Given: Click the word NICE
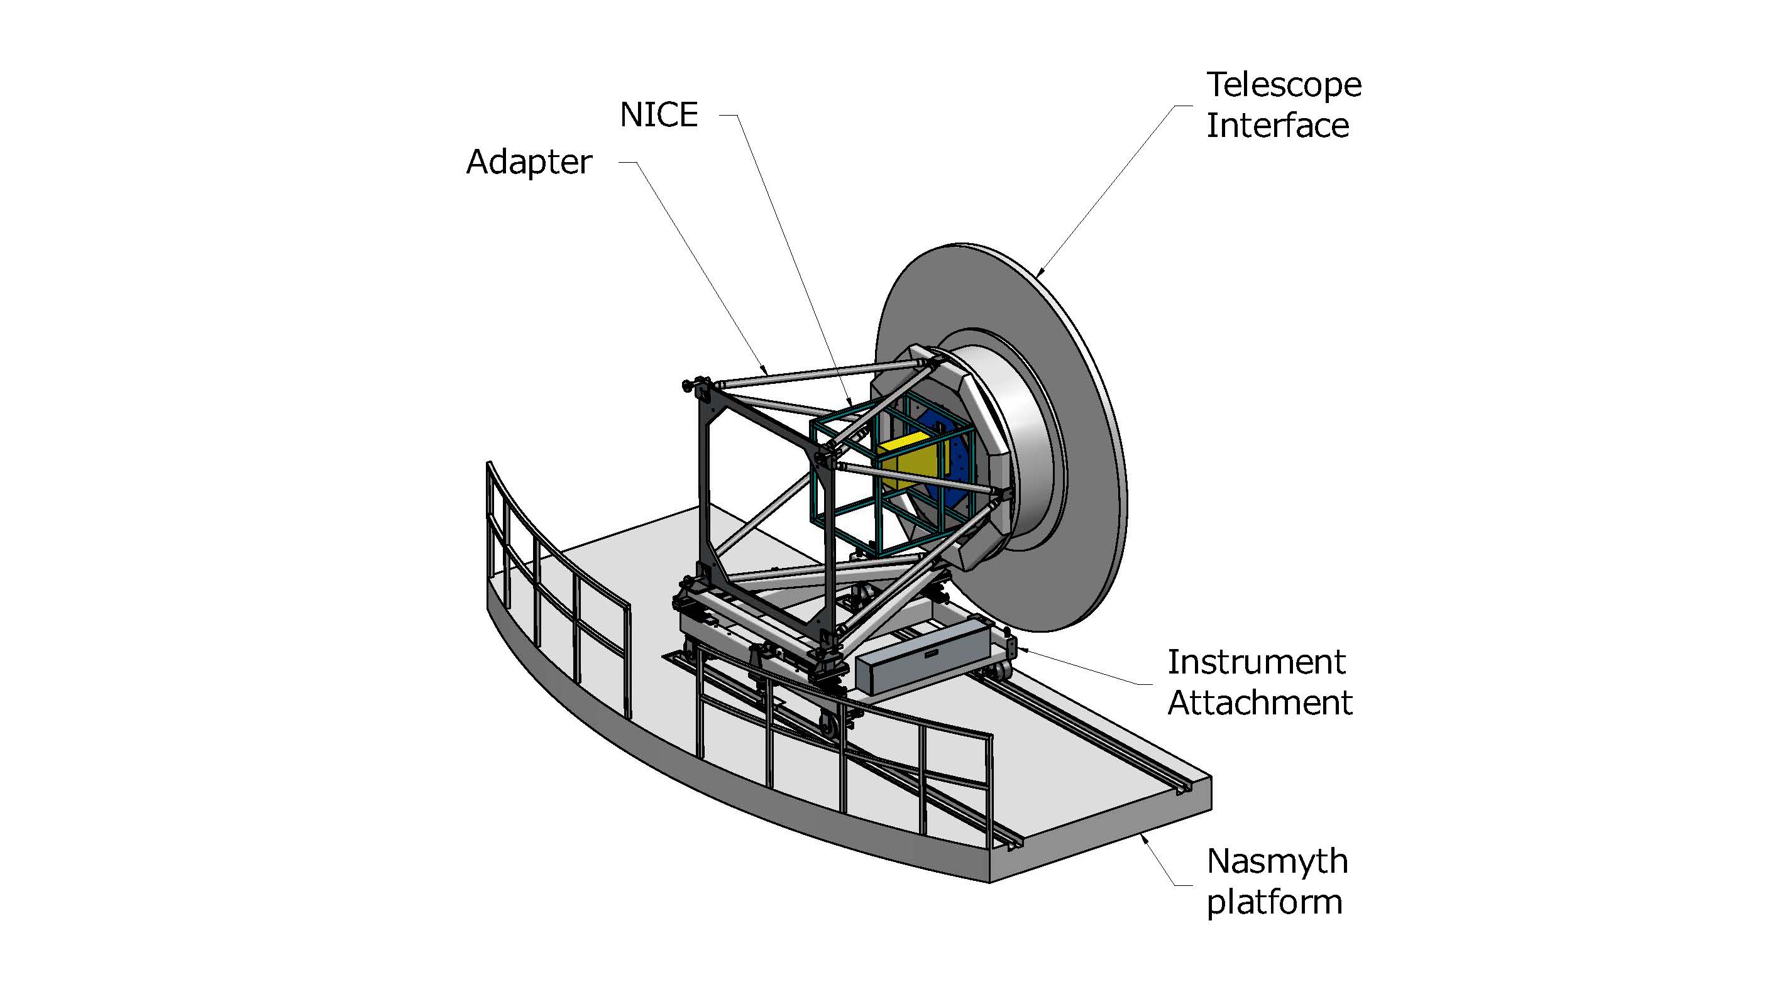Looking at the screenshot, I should [659, 114].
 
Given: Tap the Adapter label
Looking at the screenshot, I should [529, 163].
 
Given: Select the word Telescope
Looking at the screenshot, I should [1284, 85].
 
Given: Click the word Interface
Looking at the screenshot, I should [1277, 126].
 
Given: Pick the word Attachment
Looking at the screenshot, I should [1260, 702].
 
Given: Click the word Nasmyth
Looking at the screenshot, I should [1277, 861].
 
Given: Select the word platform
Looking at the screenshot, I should [1274, 902].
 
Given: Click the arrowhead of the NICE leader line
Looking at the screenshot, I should [850, 404].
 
